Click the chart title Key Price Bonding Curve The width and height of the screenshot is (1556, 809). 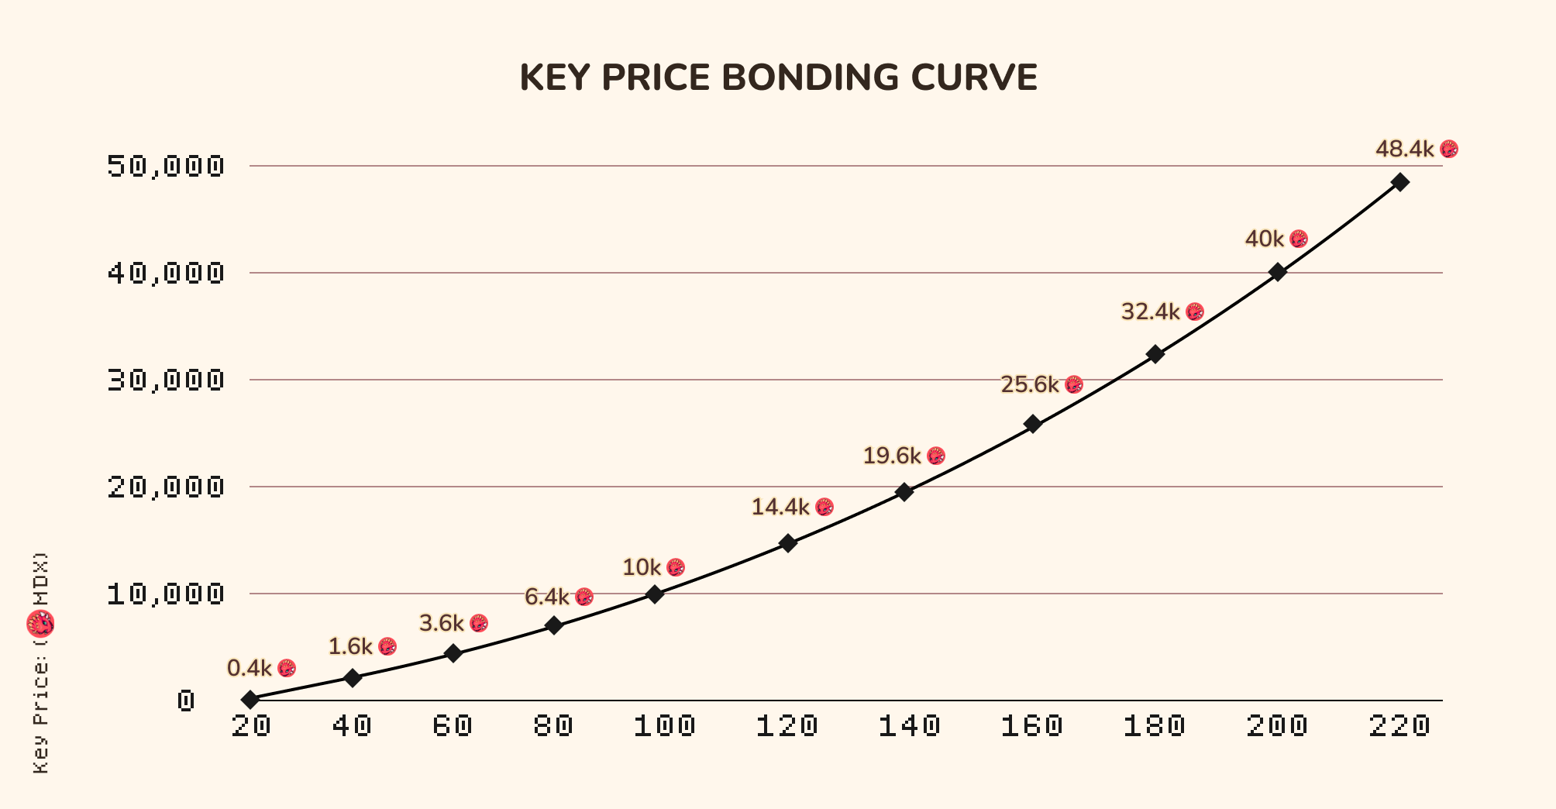[778, 77]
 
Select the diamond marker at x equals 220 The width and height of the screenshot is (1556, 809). [1399, 182]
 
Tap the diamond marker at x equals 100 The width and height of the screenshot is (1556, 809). [655, 594]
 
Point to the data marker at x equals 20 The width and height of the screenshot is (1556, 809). [250, 700]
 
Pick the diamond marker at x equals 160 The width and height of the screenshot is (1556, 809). [1032, 424]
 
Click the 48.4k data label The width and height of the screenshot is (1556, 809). [1404, 149]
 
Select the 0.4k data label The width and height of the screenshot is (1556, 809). [250, 668]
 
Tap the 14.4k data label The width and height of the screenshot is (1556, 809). [780, 508]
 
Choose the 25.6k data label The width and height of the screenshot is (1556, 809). [1030, 384]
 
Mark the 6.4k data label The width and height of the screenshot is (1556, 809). [547, 597]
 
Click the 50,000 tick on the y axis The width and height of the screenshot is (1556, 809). [166, 166]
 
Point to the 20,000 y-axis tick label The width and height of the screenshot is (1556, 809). [166, 487]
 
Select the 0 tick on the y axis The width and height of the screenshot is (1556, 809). [186, 701]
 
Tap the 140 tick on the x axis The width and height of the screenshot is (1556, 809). [909, 726]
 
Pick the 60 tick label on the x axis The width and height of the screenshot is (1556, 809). [453, 726]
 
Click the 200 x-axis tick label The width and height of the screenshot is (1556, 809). [1277, 726]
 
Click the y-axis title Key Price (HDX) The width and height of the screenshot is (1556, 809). [41, 663]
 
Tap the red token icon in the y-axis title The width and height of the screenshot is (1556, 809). [41, 624]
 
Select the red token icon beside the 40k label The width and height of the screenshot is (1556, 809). [1299, 239]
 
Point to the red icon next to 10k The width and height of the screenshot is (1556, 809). [676, 567]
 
